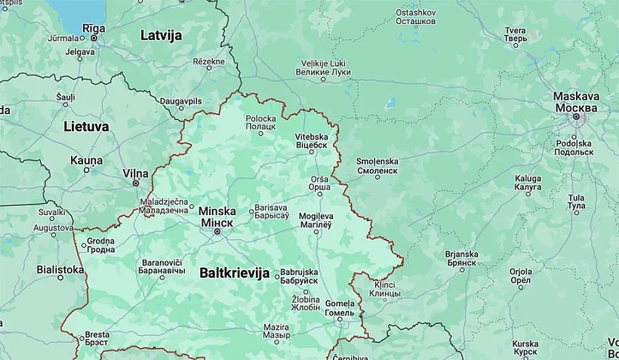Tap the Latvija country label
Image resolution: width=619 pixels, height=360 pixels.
(x=162, y=35)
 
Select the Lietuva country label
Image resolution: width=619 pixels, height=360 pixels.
(x=86, y=127)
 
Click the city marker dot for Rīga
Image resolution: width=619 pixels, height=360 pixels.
(x=93, y=38)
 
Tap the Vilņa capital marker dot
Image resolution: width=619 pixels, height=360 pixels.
(x=136, y=183)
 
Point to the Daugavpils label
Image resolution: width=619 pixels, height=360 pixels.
(x=180, y=100)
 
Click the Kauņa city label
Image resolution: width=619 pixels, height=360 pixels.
(x=86, y=160)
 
